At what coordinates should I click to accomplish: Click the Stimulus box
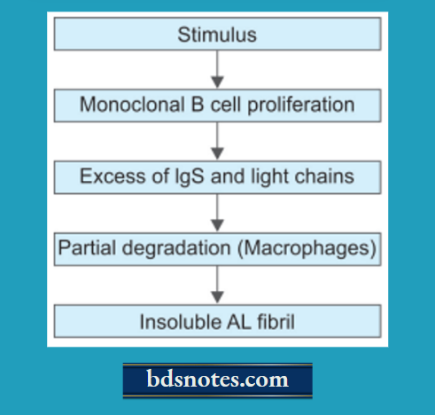[x=217, y=36]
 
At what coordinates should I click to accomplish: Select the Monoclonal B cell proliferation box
[x=217, y=106]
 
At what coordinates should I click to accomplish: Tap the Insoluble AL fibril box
[x=217, y=321]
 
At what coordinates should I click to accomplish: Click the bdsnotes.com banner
[x=218, y=380]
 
